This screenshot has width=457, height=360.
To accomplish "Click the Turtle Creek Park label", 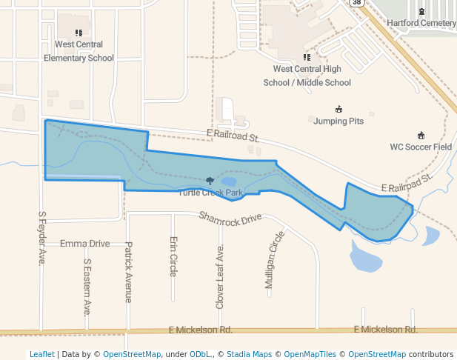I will tap(210, 193).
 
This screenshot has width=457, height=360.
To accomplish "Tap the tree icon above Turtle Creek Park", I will tap(210, 181).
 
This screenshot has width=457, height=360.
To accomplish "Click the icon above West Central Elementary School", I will tap(79, 33).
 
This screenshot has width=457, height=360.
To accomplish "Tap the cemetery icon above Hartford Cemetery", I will tap(421, 11).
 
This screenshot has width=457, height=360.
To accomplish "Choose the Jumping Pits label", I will tap(338, 121).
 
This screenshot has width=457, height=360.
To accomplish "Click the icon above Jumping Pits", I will tap(338, 109).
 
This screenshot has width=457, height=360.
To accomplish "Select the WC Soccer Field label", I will tap(421, 147).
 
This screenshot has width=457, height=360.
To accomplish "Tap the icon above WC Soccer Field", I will tap(421, 135).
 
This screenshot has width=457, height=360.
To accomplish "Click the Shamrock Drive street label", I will tap(230, 218).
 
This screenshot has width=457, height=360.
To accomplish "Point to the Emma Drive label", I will tap(84, 243).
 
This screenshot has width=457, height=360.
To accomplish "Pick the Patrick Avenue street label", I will tap(128, 272).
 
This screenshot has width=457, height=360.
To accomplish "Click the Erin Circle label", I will tap(173, 256).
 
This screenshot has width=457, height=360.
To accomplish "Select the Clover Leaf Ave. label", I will tap(220, 276).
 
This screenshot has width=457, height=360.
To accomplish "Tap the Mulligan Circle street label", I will tap(274, 259).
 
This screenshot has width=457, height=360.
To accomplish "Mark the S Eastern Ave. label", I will tap(87, 287).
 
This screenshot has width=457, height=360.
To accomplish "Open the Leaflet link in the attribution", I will tap(41, 354).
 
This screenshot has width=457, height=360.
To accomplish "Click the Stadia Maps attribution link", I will tap(249, 354).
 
